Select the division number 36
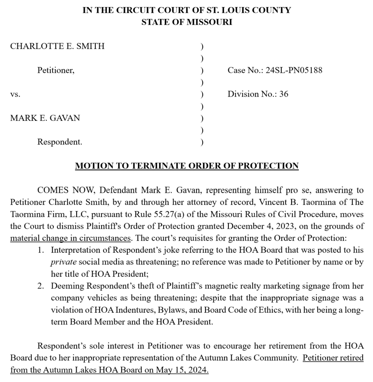pyautogui.click(x=284, y=94)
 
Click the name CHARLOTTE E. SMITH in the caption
pyautogui.click(x=57, y=46)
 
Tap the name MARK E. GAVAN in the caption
pyautogui.click(x=45, y=118)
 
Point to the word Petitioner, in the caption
pyautogui.click(x=56, y=70)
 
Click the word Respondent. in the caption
pyautogui.click(x=60, y=142)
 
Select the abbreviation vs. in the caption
pyautogui.click(x=15, y=94)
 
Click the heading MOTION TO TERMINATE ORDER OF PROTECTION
pyautogui.click(x=187, y=166)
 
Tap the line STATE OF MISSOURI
pyautogui.click(x=187, y=22)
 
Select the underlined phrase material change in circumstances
pyautogui.click(x=70, y=238)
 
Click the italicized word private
pyautogui.click(x=60, y=262)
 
